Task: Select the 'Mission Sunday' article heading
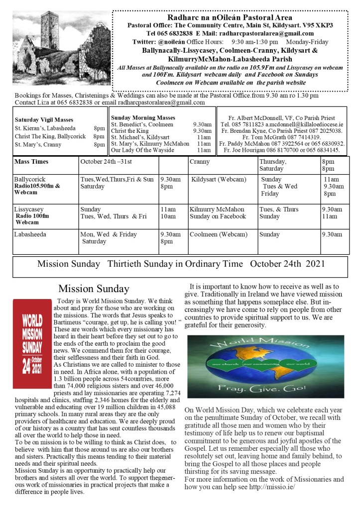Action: [x=94, y=289]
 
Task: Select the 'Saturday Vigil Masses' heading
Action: [x=44, y=120]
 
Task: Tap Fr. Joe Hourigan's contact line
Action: [x=282, y=150]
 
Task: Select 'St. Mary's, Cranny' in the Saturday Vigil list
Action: [x=38, y=145]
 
